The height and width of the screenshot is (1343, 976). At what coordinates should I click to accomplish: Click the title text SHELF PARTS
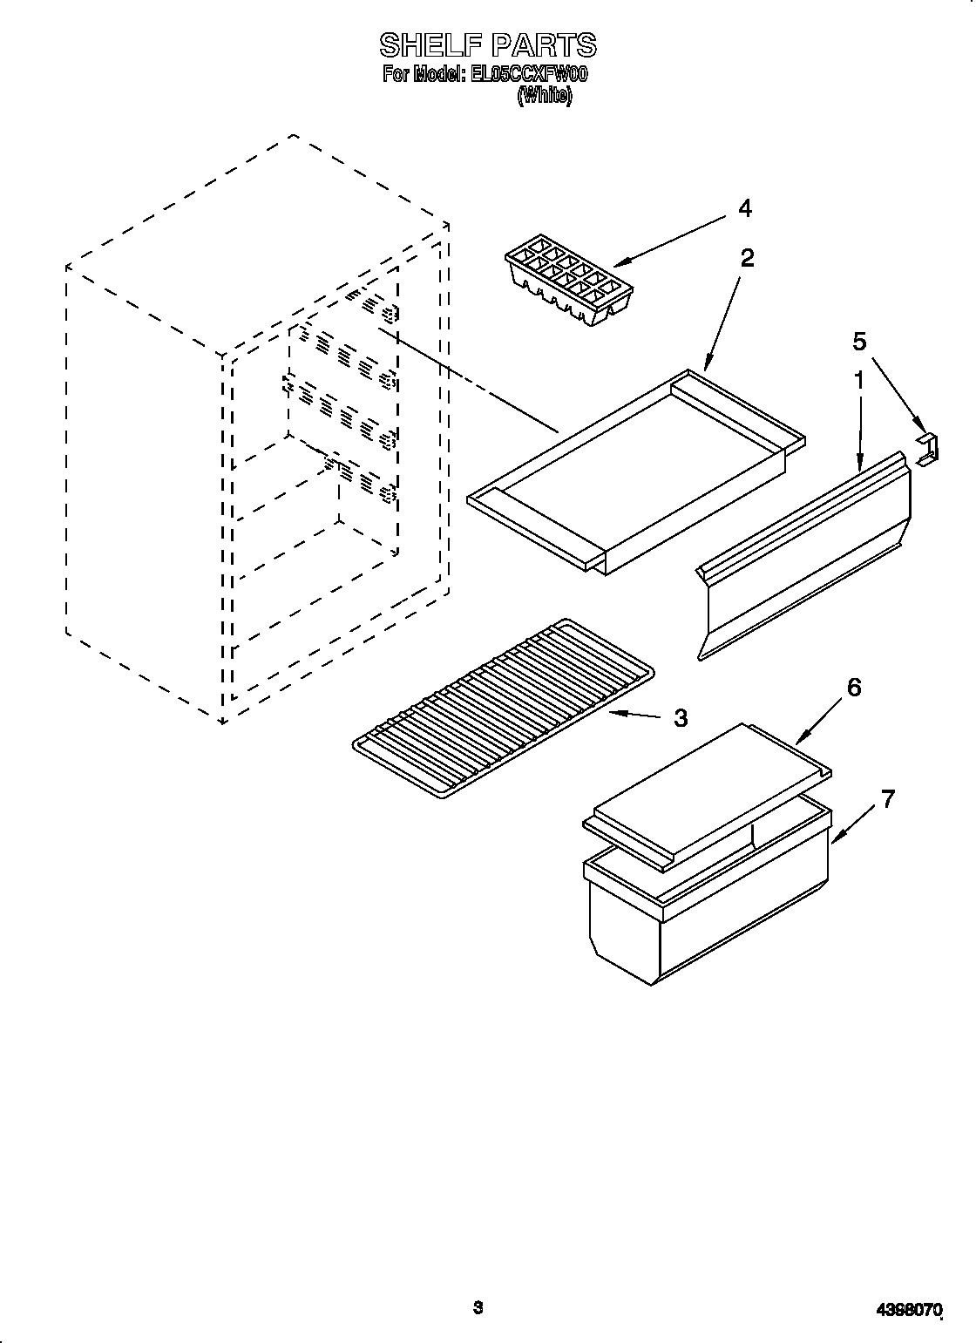pos(487,44)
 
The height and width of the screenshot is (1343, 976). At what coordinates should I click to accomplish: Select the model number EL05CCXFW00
pos(530,75)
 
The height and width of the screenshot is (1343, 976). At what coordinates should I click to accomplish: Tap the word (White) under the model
pos(545,96)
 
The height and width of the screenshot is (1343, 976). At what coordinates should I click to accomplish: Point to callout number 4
pos(743,208)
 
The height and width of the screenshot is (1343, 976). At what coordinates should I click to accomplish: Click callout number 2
pos(747,257)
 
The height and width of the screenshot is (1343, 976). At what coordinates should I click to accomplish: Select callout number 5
pos(859,342)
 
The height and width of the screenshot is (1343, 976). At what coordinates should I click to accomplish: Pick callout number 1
pos(858,381)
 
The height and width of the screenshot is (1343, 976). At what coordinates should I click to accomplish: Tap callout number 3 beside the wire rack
pos(681,718)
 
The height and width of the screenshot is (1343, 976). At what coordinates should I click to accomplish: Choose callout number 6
pos(853,688)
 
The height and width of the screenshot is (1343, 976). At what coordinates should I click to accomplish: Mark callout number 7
pos(887,799)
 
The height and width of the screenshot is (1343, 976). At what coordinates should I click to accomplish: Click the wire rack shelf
pos(504,706)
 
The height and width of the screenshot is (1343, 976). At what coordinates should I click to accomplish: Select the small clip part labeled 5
pos(929,447)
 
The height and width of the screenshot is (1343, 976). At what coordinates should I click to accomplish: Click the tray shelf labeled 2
pos(636,471)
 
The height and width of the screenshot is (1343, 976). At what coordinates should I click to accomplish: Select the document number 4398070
pos(907,1309)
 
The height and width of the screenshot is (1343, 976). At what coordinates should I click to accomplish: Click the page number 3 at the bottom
pos(478,1307)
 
